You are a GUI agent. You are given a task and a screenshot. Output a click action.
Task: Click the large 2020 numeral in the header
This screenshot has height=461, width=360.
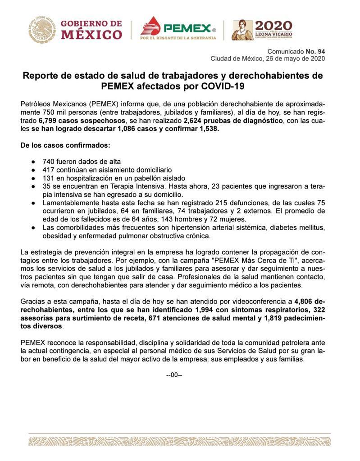(x=273, y=26)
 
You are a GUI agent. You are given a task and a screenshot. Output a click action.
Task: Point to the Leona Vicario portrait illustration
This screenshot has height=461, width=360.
(x=242, y=30)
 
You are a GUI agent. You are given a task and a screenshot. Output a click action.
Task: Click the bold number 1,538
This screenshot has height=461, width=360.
(x=206, y=129)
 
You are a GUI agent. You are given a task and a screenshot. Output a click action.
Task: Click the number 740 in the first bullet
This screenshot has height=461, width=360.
(x=49, y=162)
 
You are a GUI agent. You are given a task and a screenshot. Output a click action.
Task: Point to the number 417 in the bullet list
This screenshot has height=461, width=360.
(x=49, y=170)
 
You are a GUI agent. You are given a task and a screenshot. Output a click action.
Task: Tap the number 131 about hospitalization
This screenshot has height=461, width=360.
(x=49, y=178)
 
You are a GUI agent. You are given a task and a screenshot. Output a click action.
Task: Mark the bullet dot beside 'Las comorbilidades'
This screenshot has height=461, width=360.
(x=33, y=227)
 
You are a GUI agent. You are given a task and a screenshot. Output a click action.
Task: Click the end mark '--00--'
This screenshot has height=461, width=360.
(x=174, y=375)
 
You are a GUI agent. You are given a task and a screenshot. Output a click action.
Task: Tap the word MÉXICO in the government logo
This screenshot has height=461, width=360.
(x=91, y=35)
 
